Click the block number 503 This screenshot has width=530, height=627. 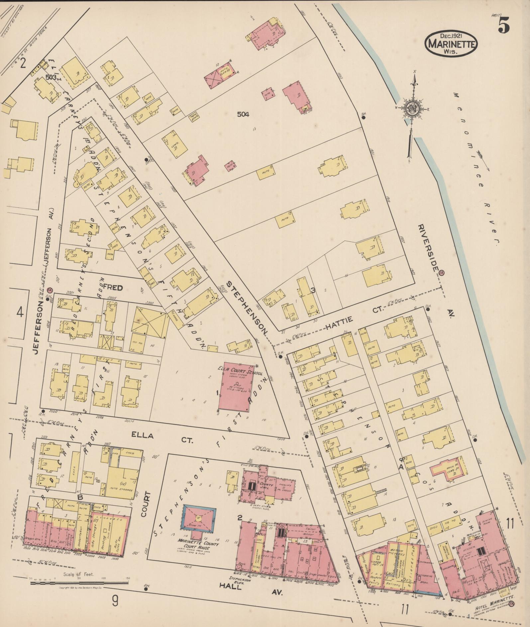click(x=51, y=77)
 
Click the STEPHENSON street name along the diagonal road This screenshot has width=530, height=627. click(x=247, y=308)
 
